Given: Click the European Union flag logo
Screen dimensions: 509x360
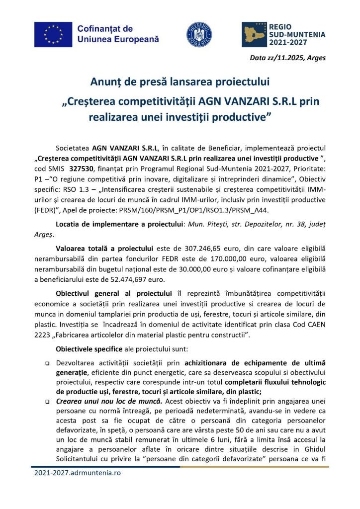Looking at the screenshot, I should (53, 34).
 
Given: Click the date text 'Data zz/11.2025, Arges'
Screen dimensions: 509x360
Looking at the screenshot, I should (288, 58).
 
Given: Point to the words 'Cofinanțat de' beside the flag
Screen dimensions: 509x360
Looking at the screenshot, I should (105, 29).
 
